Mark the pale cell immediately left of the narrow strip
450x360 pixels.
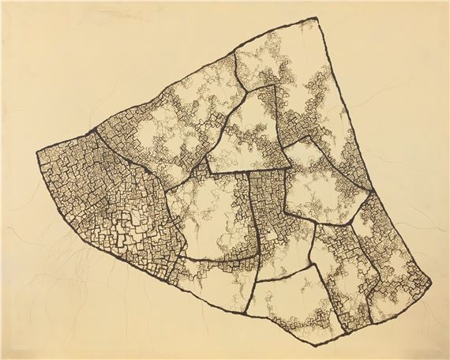209,221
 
